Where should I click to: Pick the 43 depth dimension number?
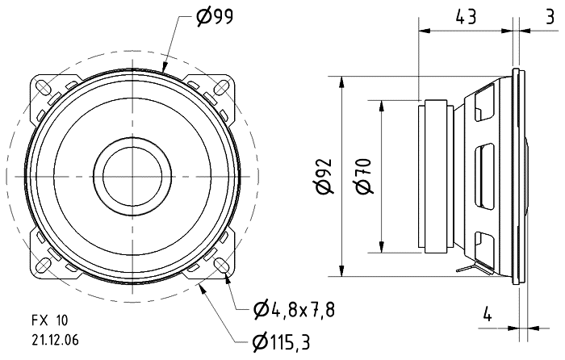[x=466, y=15]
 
